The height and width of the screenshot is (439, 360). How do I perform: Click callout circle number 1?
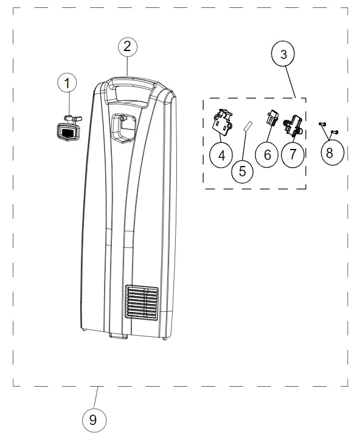click(67, 83)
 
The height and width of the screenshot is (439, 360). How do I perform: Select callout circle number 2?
click(128, 46)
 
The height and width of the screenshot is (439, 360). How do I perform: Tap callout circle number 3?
click(283, 54)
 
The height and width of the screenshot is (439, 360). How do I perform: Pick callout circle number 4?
click(221, 155)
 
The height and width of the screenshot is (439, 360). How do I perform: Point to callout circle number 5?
click(243, 171)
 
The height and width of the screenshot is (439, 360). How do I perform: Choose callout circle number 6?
click(267, 155)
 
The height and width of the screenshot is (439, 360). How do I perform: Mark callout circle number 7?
click(292, 154)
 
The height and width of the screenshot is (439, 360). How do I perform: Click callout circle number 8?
click(332, 152)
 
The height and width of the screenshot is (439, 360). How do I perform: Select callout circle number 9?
click(94, 420)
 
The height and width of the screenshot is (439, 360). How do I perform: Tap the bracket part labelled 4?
click(223, 120)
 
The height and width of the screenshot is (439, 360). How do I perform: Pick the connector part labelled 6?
click(272, 117)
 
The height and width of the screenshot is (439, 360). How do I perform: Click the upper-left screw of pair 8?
click(322, 123)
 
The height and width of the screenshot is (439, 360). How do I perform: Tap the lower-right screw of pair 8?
click(334, 131)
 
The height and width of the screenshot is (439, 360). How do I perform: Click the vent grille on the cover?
click(142, 302)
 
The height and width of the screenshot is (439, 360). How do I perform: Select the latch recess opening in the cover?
click(124, 128)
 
